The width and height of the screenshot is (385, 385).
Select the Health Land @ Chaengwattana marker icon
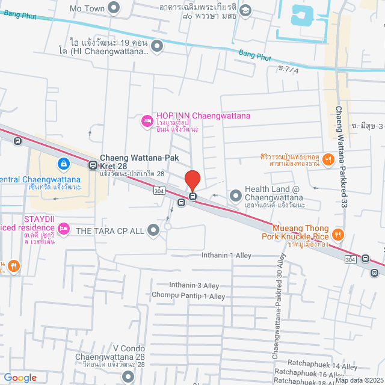coord(235,195)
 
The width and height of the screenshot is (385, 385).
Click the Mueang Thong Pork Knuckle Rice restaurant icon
coord(339,233)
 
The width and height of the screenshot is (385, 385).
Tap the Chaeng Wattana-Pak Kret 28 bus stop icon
coord(93,164)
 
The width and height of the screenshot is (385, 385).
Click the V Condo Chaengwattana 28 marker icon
coord(128,377)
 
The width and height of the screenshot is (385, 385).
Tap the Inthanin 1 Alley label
coord(226,256)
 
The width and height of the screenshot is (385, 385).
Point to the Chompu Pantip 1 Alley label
coord(188,296)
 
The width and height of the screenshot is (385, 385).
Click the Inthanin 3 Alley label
coord(194,285)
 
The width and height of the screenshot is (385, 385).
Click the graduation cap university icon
coord(245,11)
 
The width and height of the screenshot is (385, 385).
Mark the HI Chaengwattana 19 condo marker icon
coord(157,45)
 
